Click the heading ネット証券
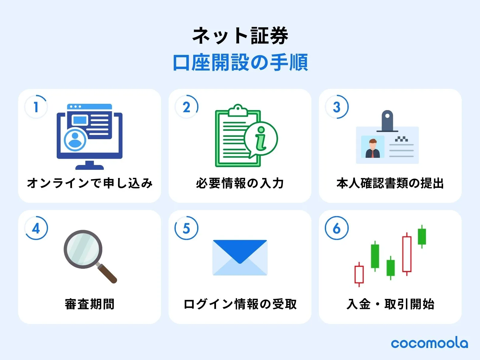point(240,36)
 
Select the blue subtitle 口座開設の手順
point(240,62)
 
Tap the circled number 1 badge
point(36,107)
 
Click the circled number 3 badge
point(337,107)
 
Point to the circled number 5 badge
point(186,228)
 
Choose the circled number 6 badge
point(337,228)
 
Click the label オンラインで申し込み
point(90,183)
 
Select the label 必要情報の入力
point(240,183)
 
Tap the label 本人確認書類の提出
point(390,183)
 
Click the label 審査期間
point(90,304)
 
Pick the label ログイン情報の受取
point(240,304)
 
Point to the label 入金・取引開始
point(390,304)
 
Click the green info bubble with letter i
point(261,139)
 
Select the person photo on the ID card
point(373,147)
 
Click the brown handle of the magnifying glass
point(107,273)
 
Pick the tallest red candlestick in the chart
point(407,254)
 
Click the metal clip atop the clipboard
point(238,111)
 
